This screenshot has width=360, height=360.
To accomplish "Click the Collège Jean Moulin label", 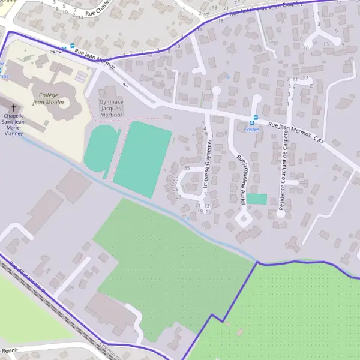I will [x=48, y=98].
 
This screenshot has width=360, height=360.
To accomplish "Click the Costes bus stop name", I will [x=252, y=128].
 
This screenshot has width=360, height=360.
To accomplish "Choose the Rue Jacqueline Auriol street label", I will [x=242, y=180].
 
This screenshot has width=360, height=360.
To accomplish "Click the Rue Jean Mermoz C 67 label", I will [x=296, y=133].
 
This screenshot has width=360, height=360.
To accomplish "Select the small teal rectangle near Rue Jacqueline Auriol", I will [x=257, y=199].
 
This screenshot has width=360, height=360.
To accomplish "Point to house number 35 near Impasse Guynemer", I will [x=187, y=168].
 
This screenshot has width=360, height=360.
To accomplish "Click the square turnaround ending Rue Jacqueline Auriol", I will [x=244, y=218].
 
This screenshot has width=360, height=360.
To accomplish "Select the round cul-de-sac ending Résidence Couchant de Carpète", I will [x=280, y=213].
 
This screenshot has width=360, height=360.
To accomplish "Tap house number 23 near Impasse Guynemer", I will [x=178, y=197].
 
